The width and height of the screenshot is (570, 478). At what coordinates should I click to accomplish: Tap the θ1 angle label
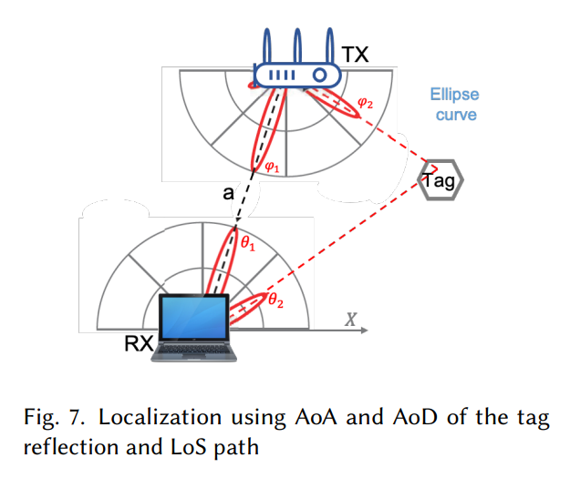tap(248, 242)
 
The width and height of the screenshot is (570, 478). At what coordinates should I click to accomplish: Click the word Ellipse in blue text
tap(455, 95)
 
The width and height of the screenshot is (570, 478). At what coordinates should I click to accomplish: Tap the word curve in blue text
tap(455, 115)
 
